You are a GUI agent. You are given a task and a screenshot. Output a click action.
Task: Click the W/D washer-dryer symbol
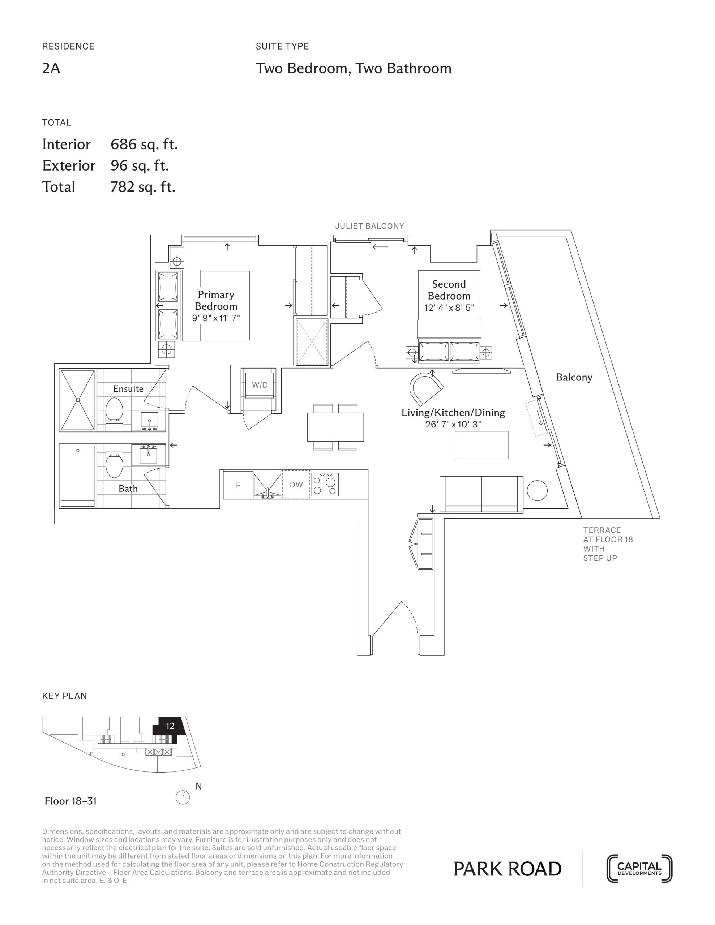[x=260, y=385]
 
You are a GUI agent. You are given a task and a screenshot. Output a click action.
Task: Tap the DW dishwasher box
[x=296, y=485]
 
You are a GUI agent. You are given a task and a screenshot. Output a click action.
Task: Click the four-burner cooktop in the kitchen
[x=325, y=485]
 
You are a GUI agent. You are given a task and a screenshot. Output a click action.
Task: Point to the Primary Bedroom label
[x=216, y=300]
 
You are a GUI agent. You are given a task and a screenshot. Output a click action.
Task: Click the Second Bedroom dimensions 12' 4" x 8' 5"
[x=449, y=308]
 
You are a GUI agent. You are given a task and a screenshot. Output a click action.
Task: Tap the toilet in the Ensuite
[x=114, y=409]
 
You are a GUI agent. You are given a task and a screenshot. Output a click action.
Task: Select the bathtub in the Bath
[x=78, y=476]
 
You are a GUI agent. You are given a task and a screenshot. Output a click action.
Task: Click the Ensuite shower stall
[x=78, y=400]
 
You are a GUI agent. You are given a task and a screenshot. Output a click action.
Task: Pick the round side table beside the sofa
[x=537, y=490]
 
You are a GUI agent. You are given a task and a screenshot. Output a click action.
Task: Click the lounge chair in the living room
[x=425, y=388]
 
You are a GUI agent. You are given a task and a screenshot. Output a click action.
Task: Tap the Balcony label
[x=574, y=377]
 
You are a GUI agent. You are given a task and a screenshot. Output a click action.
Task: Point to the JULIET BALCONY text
[x=369, y=226]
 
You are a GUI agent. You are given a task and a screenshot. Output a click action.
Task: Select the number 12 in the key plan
[x=170, y=726]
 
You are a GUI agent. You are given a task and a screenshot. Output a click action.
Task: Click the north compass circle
[x=183, y=797]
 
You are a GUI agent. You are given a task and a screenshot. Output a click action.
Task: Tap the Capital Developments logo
[x=639, y=869]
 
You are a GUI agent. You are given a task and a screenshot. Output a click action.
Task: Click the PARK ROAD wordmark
[x=507, y=869]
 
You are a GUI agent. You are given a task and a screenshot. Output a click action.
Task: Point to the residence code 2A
[x=51, y=68]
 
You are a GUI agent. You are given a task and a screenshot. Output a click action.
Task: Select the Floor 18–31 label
[x=71, y=801]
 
